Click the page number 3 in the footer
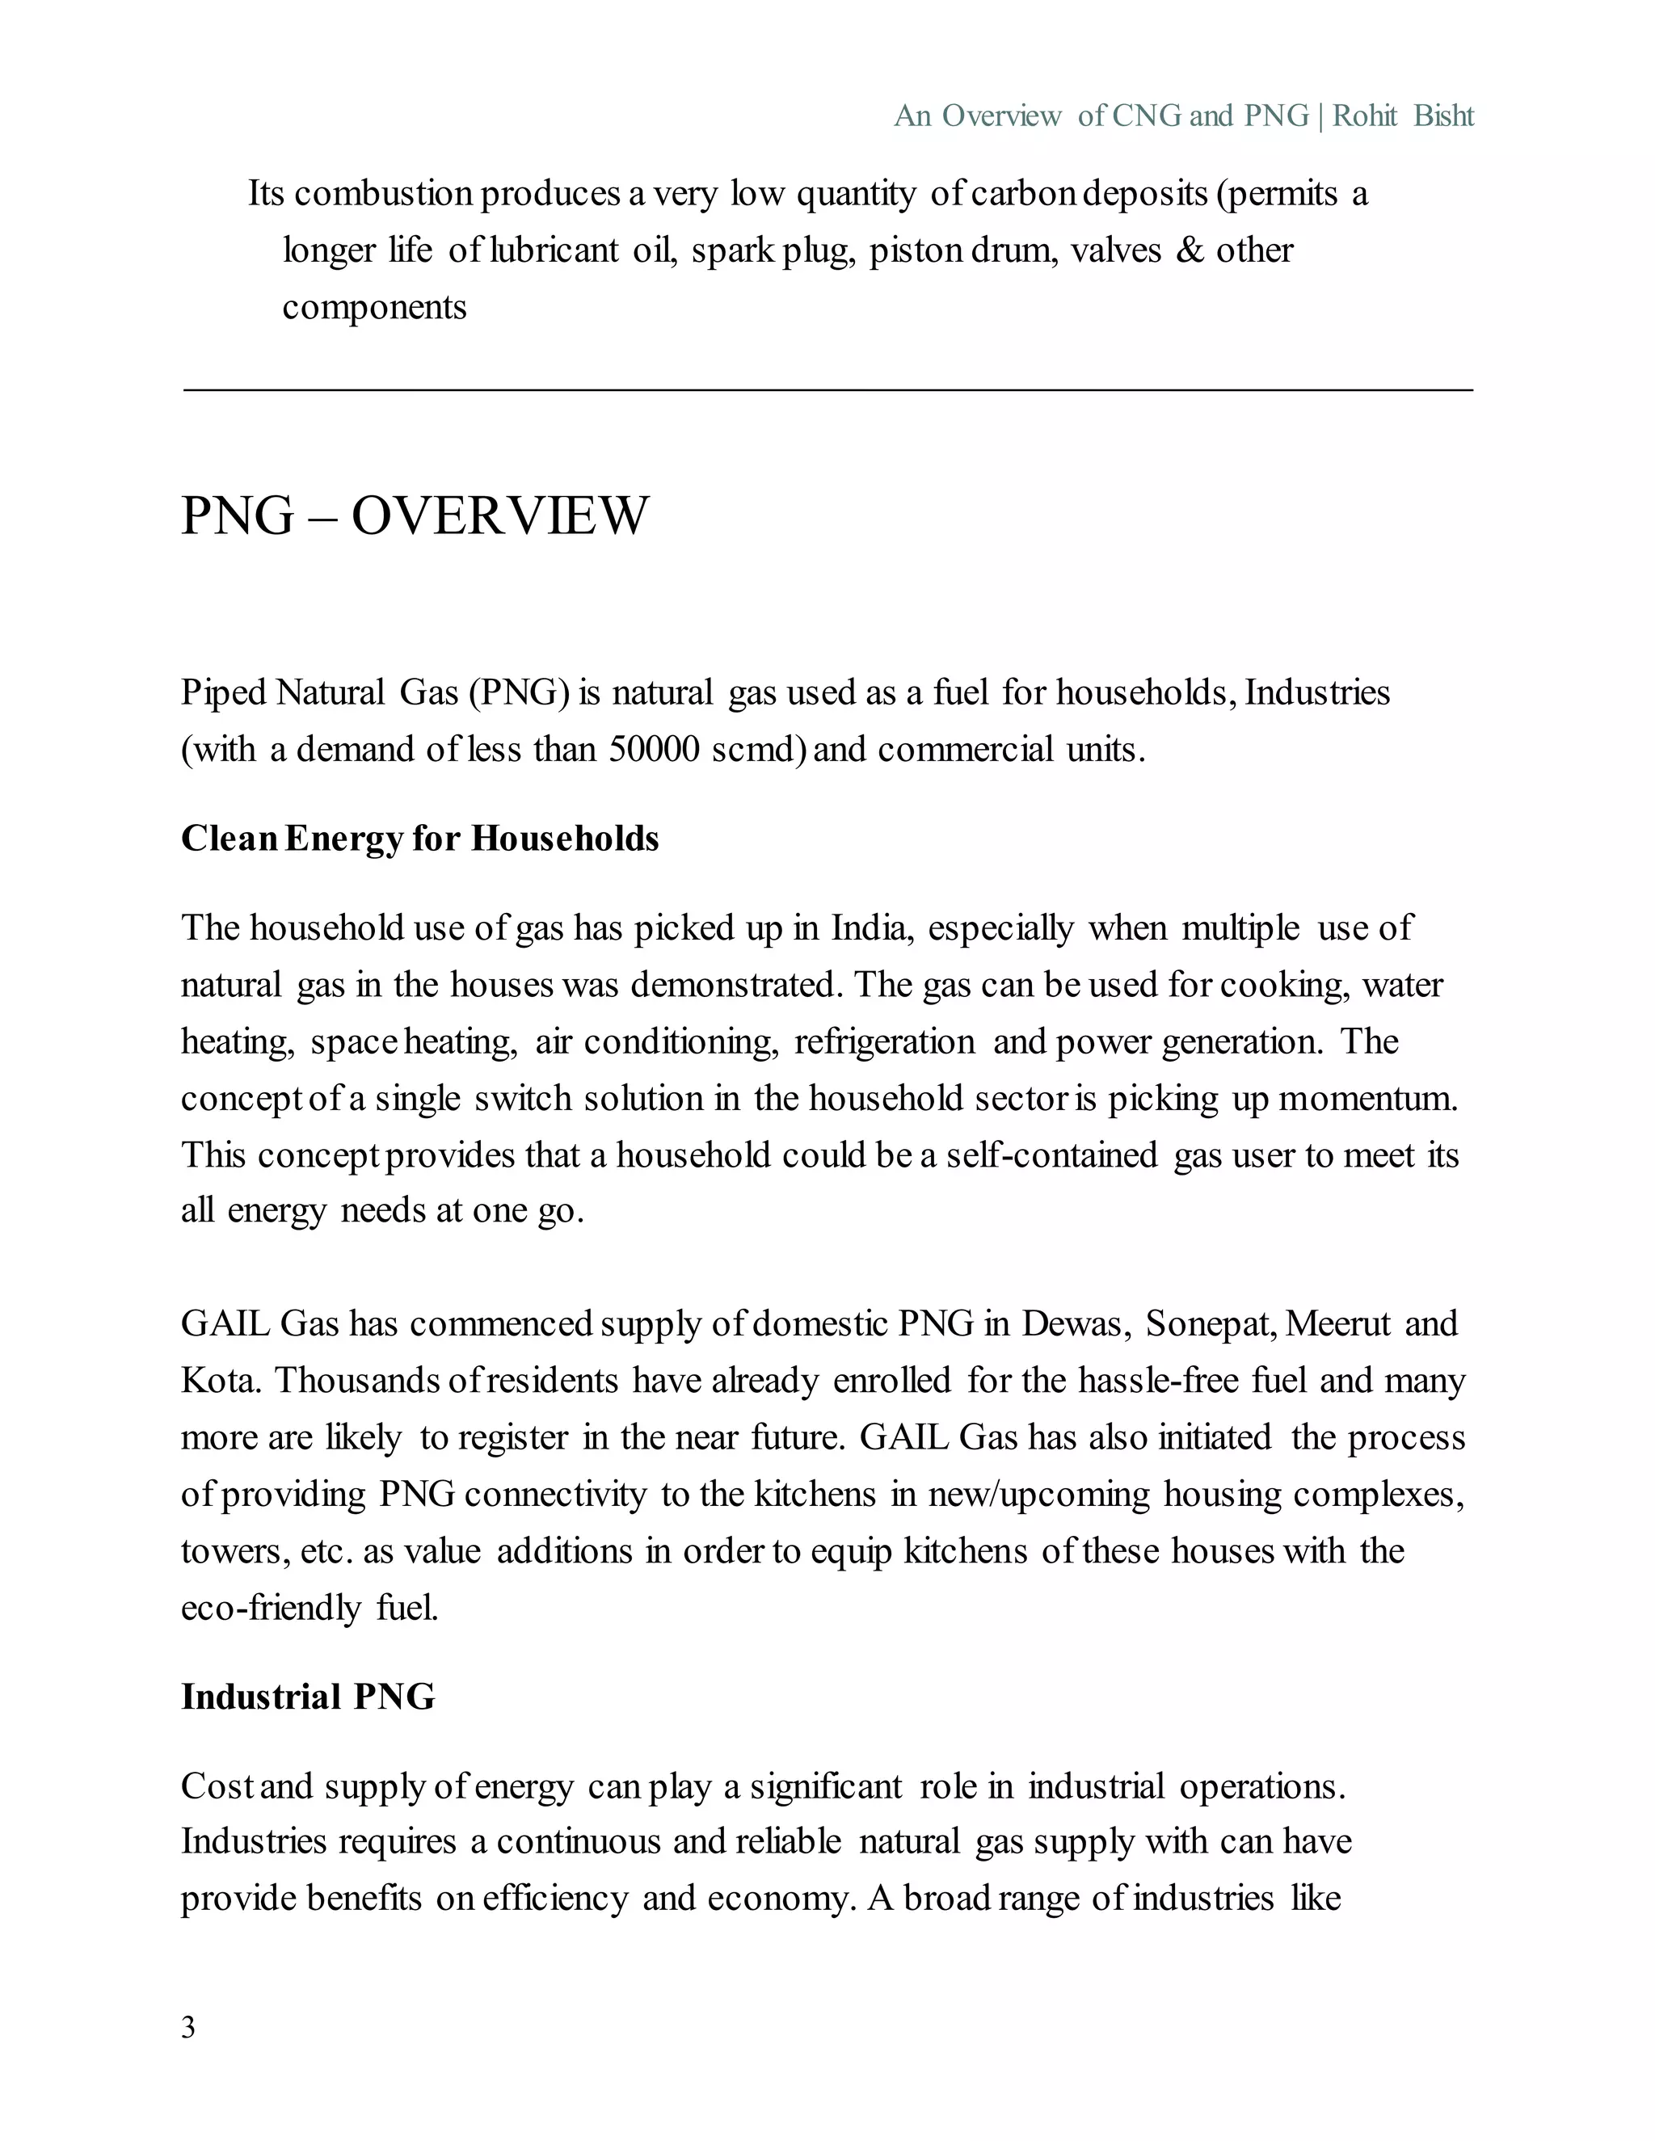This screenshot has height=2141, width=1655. pos(188,2027)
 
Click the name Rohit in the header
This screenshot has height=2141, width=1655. pos(1365,116)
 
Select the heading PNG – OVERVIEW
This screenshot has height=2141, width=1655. pos(415,515)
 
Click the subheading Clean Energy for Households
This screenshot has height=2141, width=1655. pos(419,839)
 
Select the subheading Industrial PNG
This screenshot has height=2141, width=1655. pos(308,1697)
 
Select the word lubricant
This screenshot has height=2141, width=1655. pos(554,251)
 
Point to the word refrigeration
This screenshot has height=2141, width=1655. pos(884,1041)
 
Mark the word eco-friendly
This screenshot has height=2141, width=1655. pos(271,1609)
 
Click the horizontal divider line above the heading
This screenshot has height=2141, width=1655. pos(827,390)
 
